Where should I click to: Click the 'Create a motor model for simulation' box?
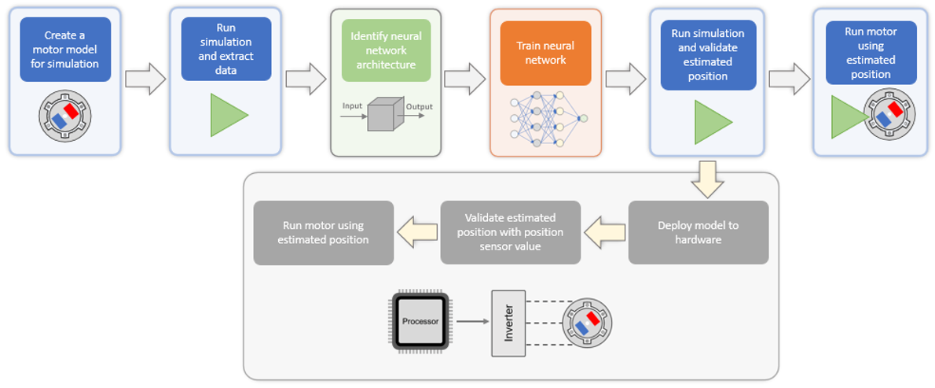tap(65, 50)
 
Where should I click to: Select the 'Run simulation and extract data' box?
tap(226, 48)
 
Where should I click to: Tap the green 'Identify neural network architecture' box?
tap(386, 50)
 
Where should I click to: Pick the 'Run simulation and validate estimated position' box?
tap(707, 55)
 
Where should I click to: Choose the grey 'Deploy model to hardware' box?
tap(698, 232)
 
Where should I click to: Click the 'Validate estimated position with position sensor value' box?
tap(510, 232)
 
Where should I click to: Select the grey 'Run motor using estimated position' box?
tap(323, 232)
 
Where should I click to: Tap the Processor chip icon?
tap(420, 322)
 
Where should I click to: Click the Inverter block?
tap(508, 323)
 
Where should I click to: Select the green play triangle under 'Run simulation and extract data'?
tap(228, 115)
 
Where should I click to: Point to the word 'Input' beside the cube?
tap(352, 105)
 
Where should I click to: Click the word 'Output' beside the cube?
tap(419, 106)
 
